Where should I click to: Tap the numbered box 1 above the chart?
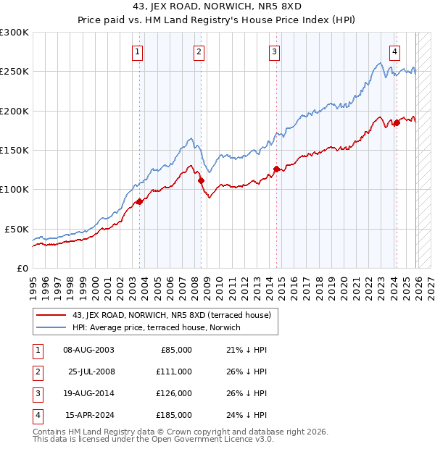(138, 51)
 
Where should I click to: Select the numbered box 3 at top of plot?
(275, 51)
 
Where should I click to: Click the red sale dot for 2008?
(201, 180)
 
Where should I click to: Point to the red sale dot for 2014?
(276, 169)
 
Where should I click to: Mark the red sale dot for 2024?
(397, 123)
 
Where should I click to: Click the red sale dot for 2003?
(139, 201)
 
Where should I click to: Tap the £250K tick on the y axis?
(14, 72)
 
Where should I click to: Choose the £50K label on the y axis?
(17, 229)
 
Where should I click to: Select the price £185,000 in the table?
(174, 415)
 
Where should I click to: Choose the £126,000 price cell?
(174, 393)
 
